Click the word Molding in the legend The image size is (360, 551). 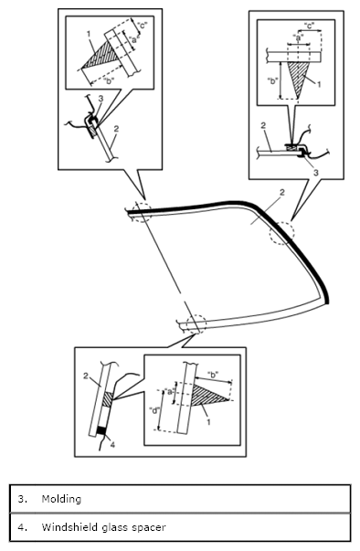(61, 499)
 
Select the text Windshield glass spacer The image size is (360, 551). (103, 527)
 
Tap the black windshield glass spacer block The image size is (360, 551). (101, 430)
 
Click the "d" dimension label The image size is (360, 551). (155, 410)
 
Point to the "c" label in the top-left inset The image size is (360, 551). (142, 26)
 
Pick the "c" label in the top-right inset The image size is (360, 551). (309, 26)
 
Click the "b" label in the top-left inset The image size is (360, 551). (109, 81)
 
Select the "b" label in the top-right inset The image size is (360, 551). (272, 80)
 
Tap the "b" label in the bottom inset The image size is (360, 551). (213, 375)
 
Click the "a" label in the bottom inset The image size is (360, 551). (169, 391)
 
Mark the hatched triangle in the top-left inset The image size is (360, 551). (101, 56)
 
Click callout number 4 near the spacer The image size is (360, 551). (112, 444)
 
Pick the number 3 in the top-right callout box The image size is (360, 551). (316, 173)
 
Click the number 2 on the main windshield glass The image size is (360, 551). (281, 193)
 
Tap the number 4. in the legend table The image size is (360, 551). (23, 527)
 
